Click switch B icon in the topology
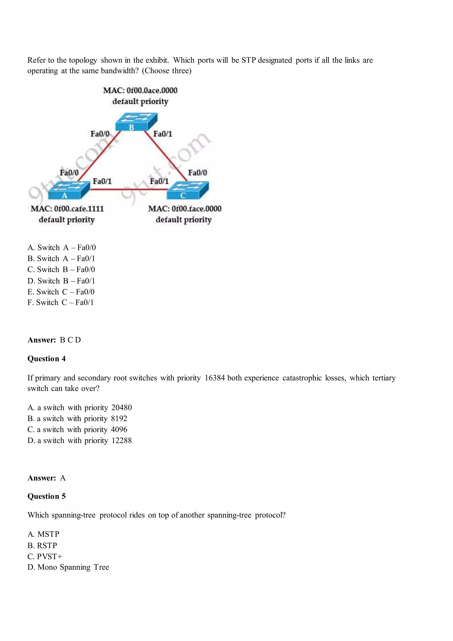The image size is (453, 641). coord(136,122)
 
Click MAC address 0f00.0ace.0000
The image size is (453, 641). coord(152,90)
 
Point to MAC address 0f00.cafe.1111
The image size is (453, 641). coord(79,209)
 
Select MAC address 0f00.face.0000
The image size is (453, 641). coord(196,209)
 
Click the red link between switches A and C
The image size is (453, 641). coord(128,190)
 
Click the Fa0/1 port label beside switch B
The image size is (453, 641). coord(163,134)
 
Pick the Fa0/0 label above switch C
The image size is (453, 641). coord(197,173)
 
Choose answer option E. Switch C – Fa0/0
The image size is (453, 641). coord(61,292)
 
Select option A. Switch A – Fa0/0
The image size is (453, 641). coord(61,248)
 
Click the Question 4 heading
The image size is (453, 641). coord(46,359)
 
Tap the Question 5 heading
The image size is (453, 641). coord(46,496)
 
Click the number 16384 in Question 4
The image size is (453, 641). coord(215,378)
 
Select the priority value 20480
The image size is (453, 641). coord(121,408)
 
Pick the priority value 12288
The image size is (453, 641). coord(121,441)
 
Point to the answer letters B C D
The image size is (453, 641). coord(70,340)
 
